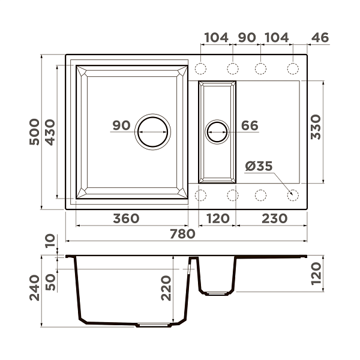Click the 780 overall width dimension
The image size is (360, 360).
[x=182, y=234]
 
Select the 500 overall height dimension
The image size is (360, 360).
[x=34, y=132]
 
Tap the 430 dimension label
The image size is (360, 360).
[x=50, y=132]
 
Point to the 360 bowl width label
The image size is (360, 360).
[x=126, y=218]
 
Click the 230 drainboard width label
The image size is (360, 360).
[x=275, y=218]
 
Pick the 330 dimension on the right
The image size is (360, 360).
[x=316, y=127]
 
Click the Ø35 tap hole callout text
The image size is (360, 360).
[x=259, y=166]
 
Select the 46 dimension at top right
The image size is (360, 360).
[x=320, y=37]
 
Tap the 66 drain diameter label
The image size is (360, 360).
[x=250, y=125]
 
